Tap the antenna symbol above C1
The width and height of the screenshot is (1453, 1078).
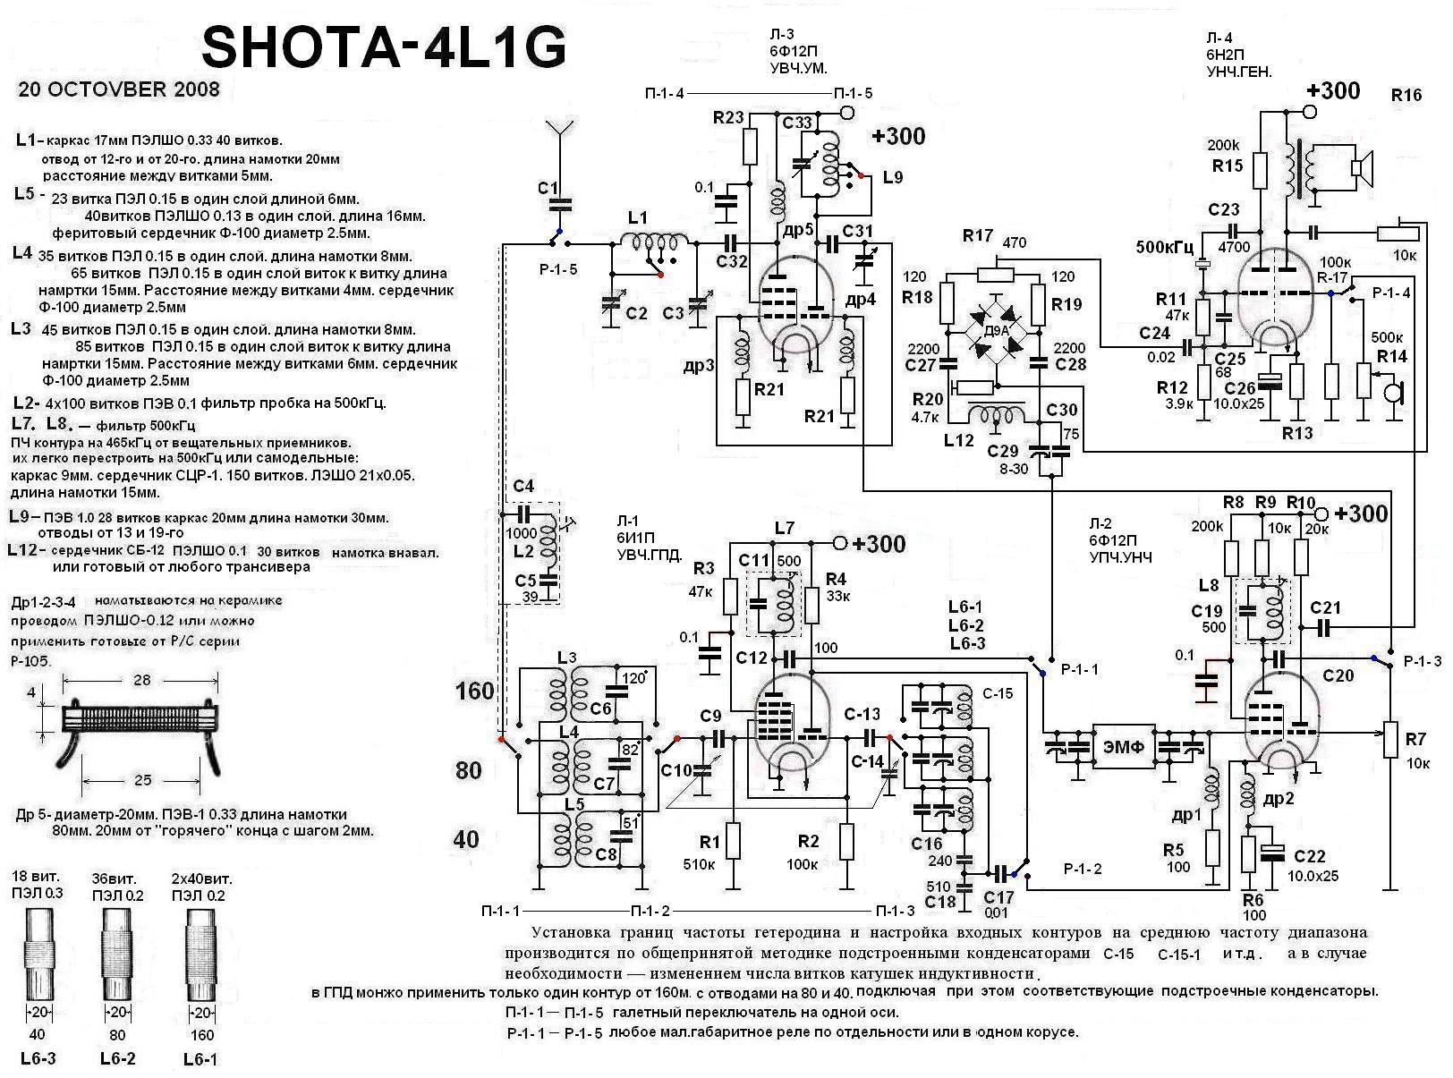tap(560, 134)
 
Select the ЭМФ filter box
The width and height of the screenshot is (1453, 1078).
tap(1124, 746)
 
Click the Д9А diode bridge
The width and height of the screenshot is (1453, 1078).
tap(994, 331)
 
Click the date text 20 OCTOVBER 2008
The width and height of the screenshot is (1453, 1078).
tap(118, 89)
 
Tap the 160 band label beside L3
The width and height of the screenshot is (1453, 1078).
tap(474, 691)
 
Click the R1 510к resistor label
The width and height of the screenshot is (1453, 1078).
tap(710, 853)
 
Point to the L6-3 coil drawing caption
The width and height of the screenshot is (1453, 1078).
tap(37, 1058)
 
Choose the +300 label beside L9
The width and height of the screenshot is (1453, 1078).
tap(898, 136)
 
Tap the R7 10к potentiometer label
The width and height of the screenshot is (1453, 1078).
tap(1415, 751)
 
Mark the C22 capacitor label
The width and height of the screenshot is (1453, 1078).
tap(1309, 856)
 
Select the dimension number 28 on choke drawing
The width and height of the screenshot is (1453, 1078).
tap(141, 680)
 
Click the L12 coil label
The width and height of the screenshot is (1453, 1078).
tap(958, 440)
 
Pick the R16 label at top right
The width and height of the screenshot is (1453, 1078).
tap(1406, 95)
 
